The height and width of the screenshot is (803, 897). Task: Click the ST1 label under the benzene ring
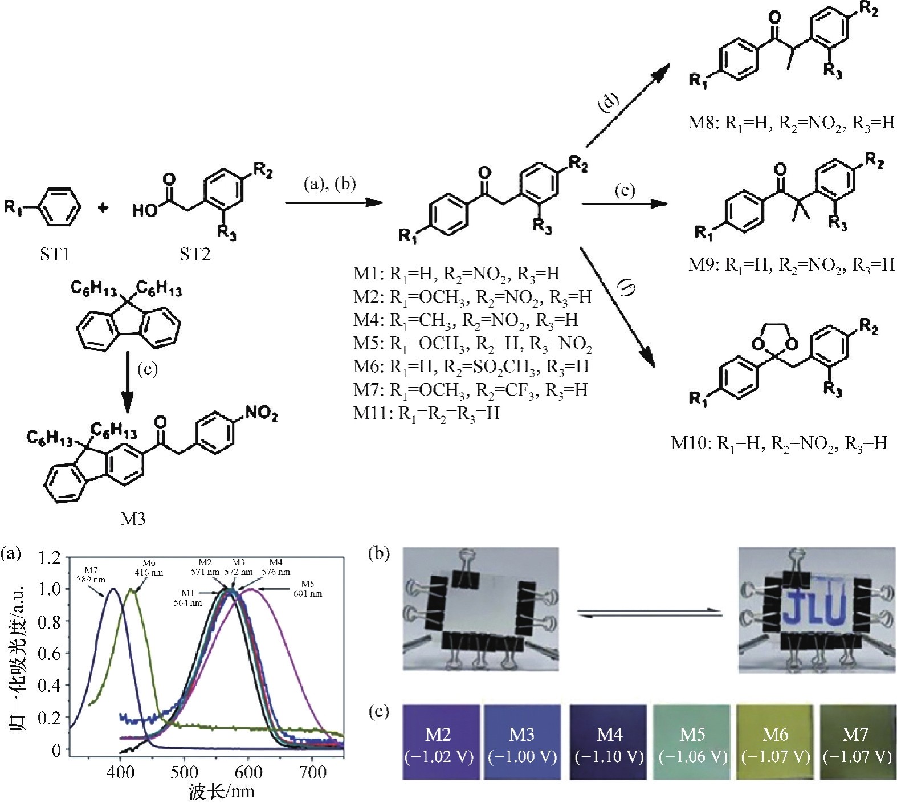pyautogui.click(x=55, y=254)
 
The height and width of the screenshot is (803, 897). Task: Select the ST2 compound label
pyautogui.click(x=195, y=254)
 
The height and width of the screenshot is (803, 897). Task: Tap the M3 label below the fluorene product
pyautogui.click(x=132, y=518)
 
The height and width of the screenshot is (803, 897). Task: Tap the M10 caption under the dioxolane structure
pyautogui.click(x=779, y=443)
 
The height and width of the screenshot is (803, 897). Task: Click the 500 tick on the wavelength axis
pyautogui.click(x=184, y=772)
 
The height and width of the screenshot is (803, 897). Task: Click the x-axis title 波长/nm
pyautogui.click(x=221, y=792)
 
